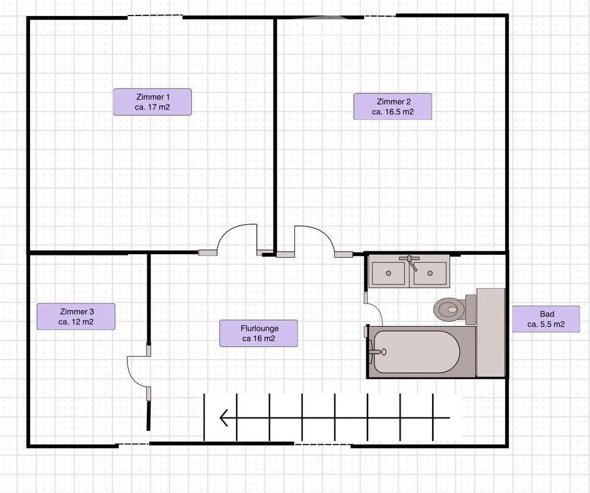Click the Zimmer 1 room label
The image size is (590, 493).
point(152,102)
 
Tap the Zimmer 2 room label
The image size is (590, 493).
point(393,106)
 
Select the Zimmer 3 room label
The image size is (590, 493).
point(76,316)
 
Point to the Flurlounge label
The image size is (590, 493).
point(259,333)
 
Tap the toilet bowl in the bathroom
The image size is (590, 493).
point(449,310)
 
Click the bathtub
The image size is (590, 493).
point(417,352)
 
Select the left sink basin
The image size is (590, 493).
point(388,273)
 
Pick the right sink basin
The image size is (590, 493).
point(430,273)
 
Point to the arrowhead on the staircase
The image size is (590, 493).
point(224,418)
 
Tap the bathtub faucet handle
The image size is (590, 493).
point(377,352)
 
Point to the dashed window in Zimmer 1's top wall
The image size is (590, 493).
point(155,16)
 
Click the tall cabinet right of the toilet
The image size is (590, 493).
point(490,332)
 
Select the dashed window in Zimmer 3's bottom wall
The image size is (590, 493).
point(134,444)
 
